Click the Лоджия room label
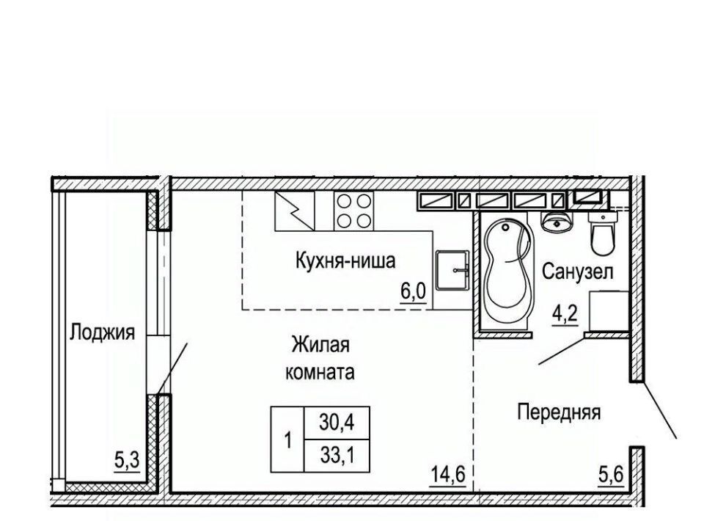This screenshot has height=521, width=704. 102,333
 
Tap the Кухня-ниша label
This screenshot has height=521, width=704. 345,260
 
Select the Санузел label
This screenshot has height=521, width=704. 577,272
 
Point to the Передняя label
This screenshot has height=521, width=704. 559,412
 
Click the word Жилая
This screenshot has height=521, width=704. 320,346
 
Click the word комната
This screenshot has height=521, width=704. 320,372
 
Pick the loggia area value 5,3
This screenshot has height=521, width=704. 127,462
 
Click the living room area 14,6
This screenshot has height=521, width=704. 447,474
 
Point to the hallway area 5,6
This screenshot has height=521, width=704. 612,474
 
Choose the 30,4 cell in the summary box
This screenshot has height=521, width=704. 337,422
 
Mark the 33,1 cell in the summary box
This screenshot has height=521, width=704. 337,456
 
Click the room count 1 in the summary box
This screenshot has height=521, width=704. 287,440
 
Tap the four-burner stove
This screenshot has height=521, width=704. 353,211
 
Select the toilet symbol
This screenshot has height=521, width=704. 604,233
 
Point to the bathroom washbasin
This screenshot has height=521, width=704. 557,221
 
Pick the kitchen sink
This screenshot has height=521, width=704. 452,271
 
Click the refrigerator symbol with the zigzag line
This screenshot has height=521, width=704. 295,211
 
